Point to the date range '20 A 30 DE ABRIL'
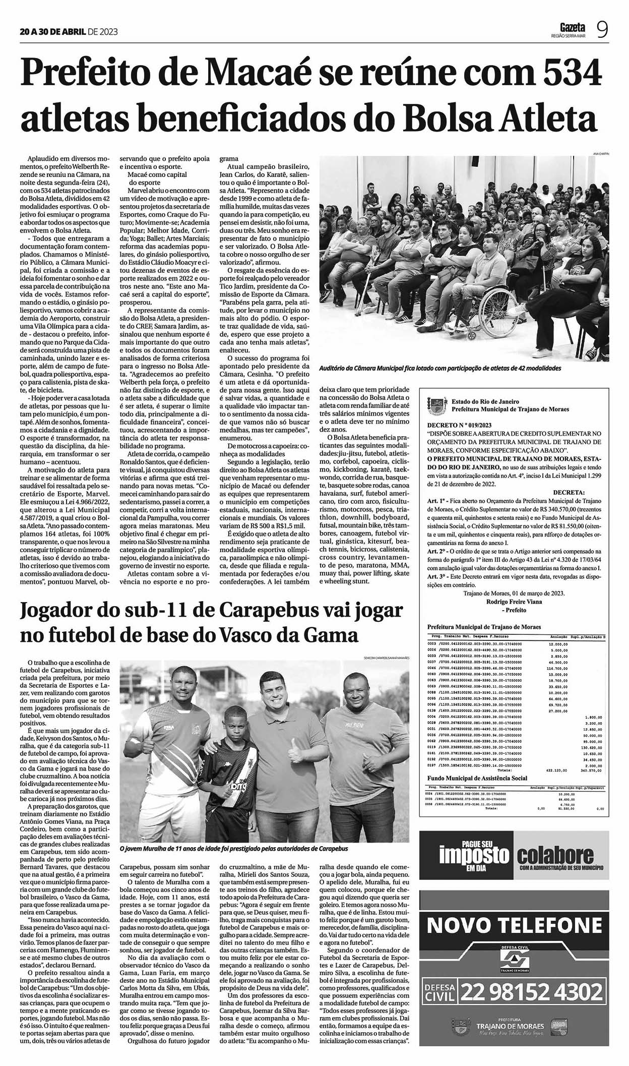tap(52, 31)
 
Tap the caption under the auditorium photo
tap(440, 369)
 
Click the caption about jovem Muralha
tap(234, 849)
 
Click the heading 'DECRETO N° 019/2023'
tap(460, 425)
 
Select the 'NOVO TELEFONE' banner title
tap(514, 925)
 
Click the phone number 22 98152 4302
tap(532, 992)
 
